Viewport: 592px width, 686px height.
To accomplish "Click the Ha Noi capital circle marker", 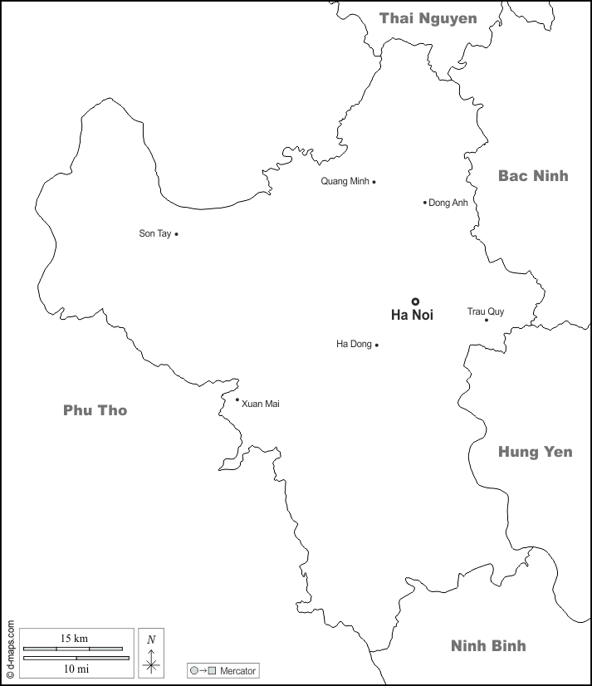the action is (415, 301).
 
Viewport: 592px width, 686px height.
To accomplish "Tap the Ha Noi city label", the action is (412, 316).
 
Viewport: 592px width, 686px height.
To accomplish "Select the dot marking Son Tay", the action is (176, 234).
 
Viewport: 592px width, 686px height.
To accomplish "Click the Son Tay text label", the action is (154, 234).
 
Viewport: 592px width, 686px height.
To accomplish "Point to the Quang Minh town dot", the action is (374, 182).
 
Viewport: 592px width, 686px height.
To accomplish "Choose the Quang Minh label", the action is (345, 182).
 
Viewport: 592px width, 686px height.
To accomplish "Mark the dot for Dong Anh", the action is (424, 202).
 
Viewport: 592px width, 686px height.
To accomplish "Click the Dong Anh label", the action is (448, 203).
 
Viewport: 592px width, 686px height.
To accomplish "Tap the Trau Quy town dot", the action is (487, 320).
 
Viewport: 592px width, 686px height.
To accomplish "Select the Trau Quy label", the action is (485, 311).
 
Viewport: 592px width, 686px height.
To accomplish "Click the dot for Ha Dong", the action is (376, 345).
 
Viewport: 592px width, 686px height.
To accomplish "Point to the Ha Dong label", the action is (354, 345).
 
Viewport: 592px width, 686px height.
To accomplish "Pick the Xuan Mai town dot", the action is (237, 399).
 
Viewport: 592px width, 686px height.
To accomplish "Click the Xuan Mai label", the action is (261, 404).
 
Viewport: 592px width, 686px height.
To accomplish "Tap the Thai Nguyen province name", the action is (428, 18).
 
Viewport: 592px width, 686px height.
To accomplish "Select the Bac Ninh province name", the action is (533, 175).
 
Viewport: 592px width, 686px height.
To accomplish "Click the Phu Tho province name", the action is (95, 410).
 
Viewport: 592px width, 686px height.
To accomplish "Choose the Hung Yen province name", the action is (535, 452).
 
